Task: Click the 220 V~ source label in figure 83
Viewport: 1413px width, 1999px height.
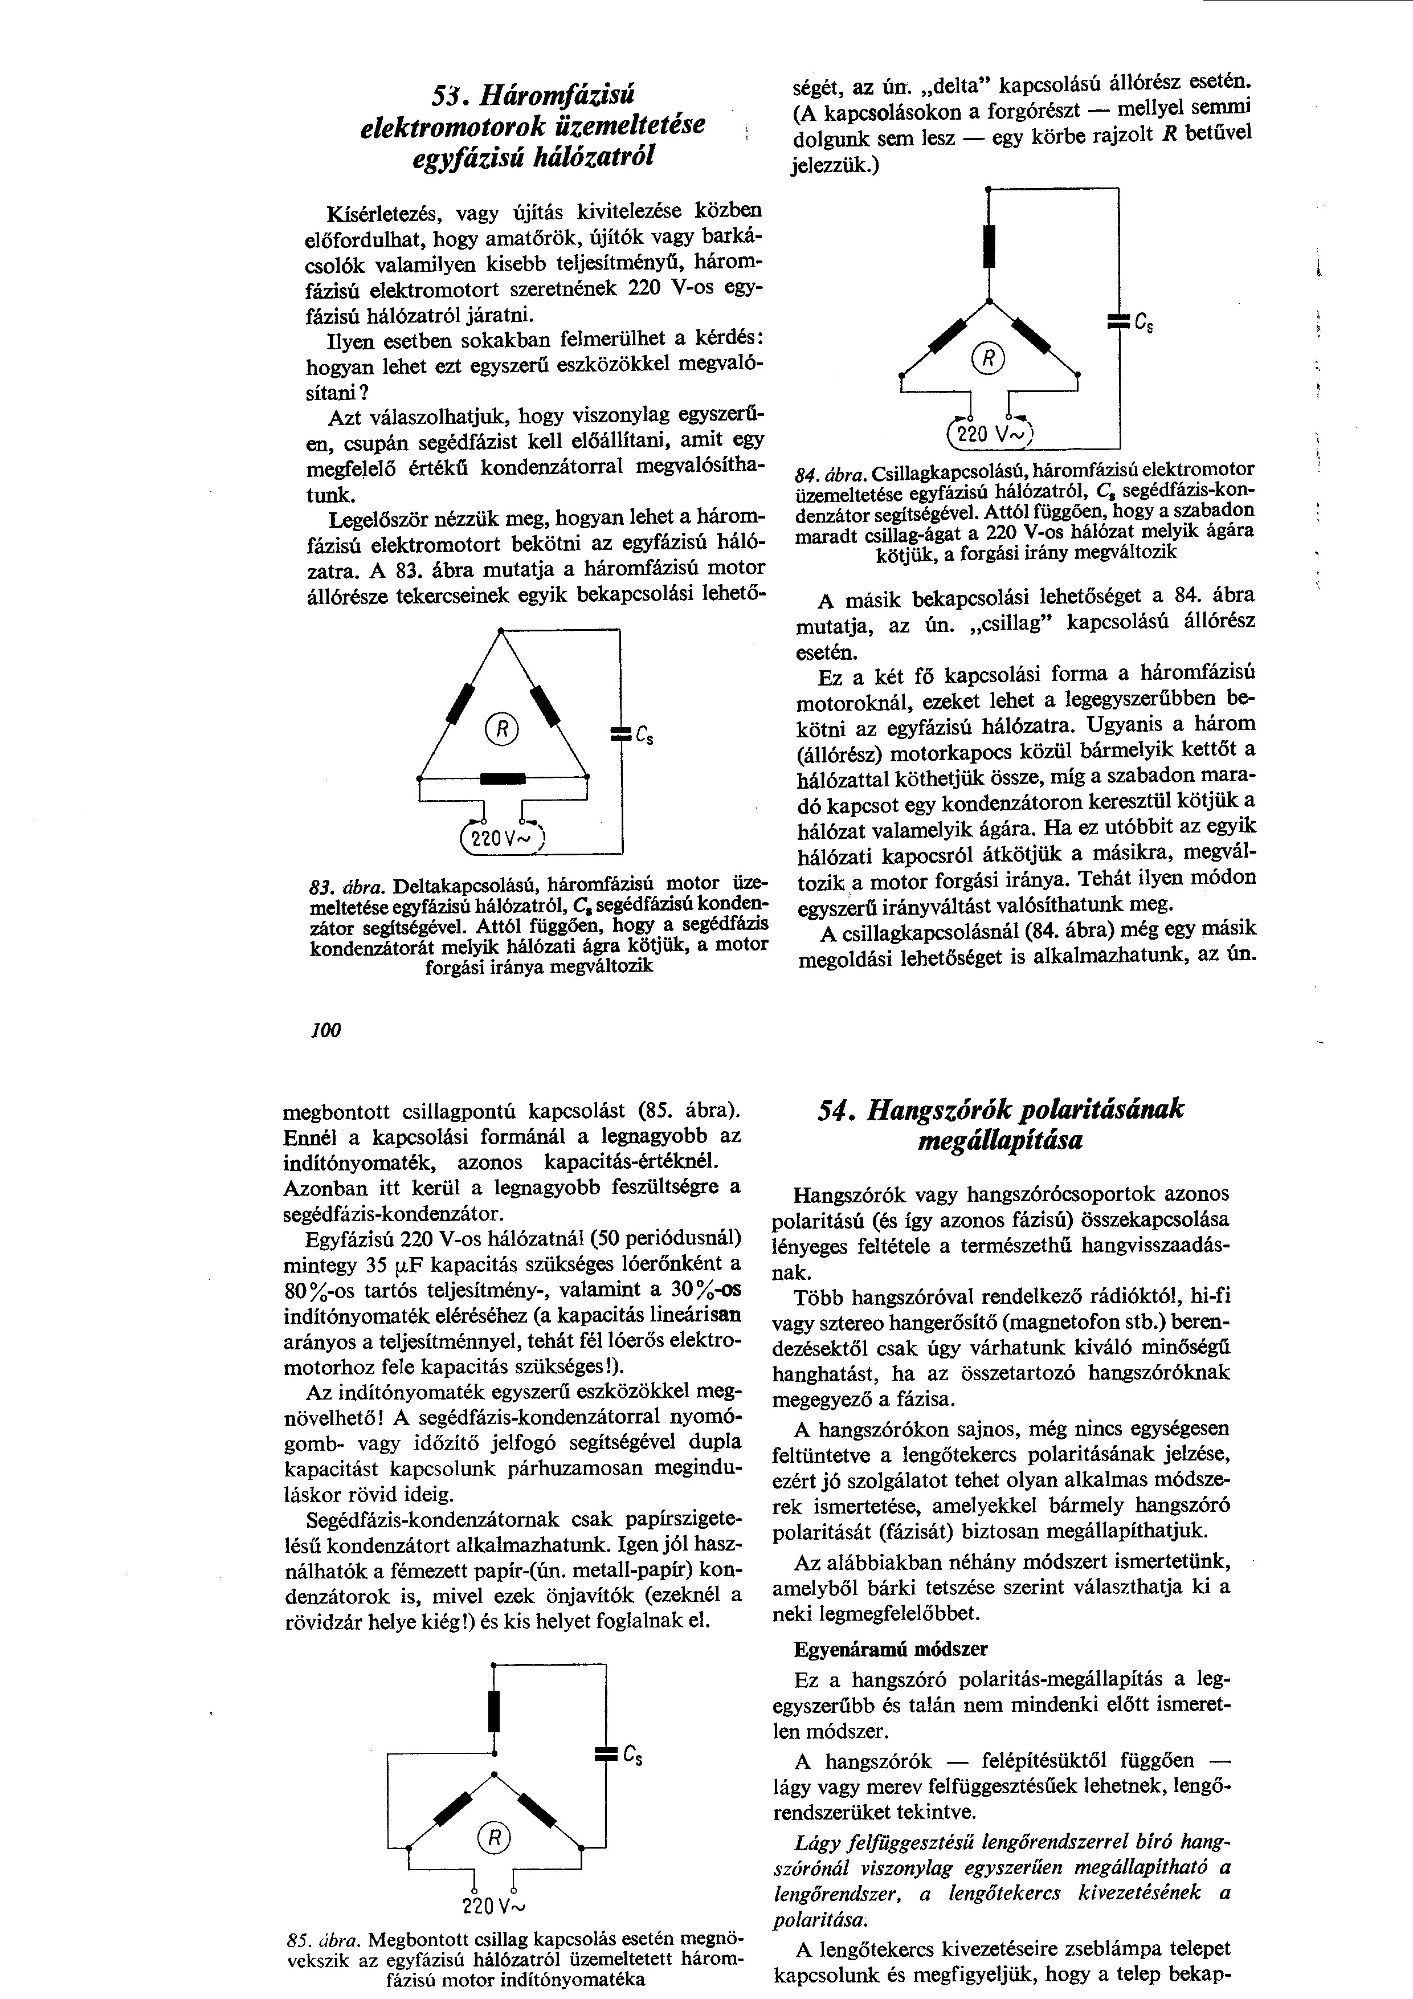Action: pos(503,840)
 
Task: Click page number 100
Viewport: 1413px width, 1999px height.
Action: pos(325,1030)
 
